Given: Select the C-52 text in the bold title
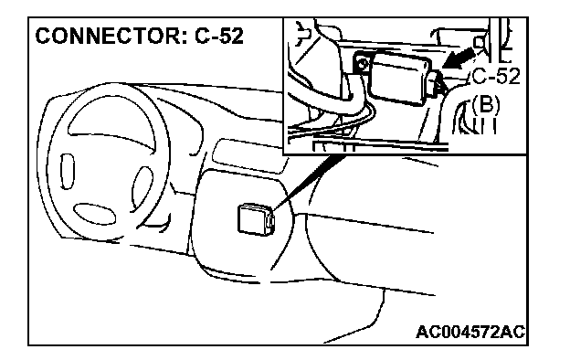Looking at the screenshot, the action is [x=219, y=36].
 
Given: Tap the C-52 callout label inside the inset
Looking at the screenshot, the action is [x=496, y=77].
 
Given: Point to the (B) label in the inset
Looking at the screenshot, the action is [x=485, y=103].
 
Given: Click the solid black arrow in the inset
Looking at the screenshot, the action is [x=459, y=58].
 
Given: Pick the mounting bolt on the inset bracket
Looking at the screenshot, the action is [x=362, y=65].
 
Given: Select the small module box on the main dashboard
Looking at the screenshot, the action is [x=255, y=219].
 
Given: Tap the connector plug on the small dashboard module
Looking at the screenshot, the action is [x=269, y=222].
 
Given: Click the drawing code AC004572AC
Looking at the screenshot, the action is [x=470, y=332].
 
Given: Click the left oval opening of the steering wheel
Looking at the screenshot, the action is [x=68, y=171].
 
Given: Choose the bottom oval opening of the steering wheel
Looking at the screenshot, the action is [x=94, y=214].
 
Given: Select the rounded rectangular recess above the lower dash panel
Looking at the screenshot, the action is [x=248, y=155].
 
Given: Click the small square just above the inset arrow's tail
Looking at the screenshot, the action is [x=480, y=43].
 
